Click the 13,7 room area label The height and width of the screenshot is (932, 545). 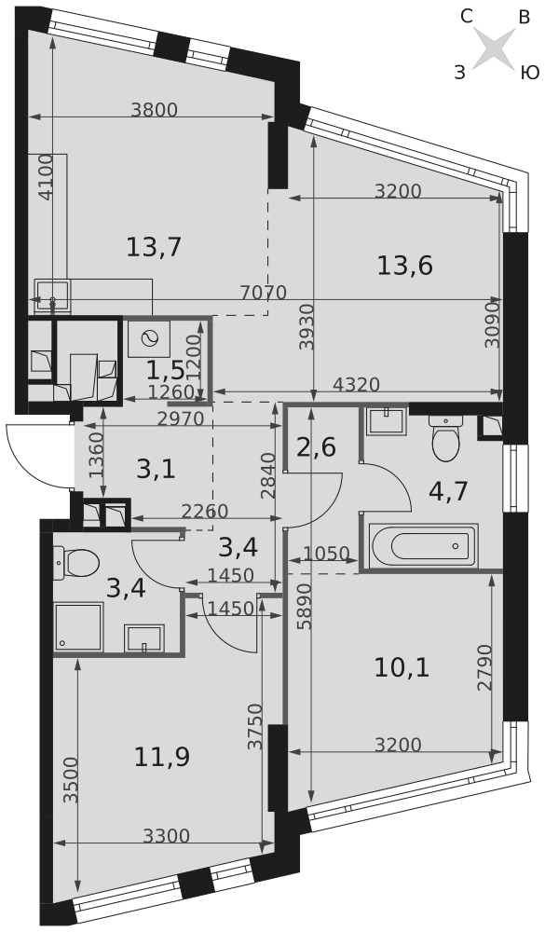[154, 246]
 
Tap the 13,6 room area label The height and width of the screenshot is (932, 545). [404, 265]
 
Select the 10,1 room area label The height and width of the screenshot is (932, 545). [402, 668]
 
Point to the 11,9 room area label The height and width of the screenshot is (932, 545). [162, 757]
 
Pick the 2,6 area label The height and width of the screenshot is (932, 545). [317, 445]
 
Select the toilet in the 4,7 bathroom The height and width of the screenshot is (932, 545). [444, 437]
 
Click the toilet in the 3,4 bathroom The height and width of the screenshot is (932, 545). [75, 561]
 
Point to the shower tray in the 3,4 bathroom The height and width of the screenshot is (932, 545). [78, 627]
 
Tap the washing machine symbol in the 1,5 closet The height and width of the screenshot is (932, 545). [148, 339]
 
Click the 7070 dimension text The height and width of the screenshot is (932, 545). [264, 293]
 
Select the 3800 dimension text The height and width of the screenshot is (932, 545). [155, 109]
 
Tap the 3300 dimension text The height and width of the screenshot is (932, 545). [167, 837]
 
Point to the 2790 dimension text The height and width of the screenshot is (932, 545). [485, 667]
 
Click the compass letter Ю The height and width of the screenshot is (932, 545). [529, 73]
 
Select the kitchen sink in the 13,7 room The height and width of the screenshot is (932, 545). [53, 295]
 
